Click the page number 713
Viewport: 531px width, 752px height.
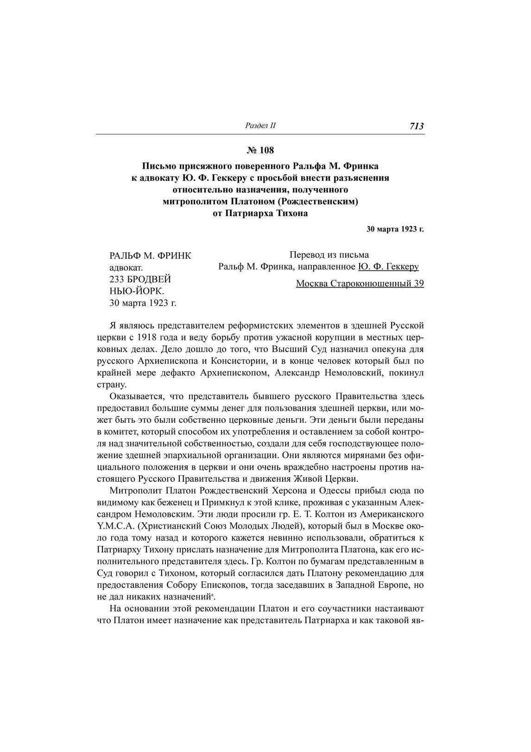click(x=417, y=126)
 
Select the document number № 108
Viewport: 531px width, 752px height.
click(x=260, y=150)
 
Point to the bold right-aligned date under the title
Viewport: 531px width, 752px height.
click(x=395, y=229)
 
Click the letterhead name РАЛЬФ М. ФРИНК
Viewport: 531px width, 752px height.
click(x=150, y=255)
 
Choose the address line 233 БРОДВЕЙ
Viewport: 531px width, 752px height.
click(x=140, y=280)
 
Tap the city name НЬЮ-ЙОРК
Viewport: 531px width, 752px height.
click(x=137, y=292)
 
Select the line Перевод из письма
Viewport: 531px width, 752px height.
click(x=329, y=255)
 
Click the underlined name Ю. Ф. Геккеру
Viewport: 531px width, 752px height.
click(x=388, y=267)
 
